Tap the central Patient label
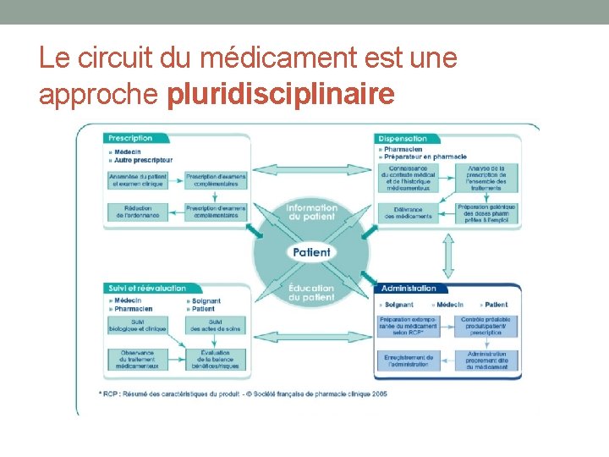[x=311, y=252]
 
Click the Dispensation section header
[x=403, y=138]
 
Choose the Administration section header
[x=409, y=289]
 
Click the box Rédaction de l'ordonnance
[x=137, y=212]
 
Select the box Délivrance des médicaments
[x=408, y=212]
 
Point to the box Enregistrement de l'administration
[x=409, y=361]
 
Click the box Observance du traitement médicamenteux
[x=137, y=361]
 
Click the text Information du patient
[x=311, y=212]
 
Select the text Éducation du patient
[x=311, y=293]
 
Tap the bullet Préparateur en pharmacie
[x=425, y=157]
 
